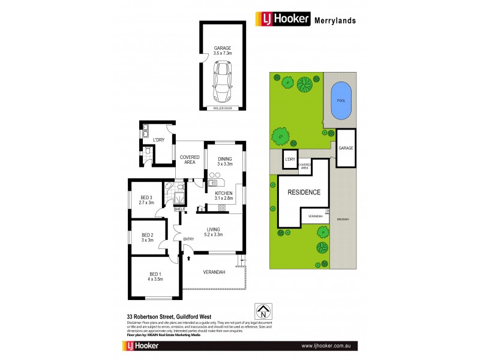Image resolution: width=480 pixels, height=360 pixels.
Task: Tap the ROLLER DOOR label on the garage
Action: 223,108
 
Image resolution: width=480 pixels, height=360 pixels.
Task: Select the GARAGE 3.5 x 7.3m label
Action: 223,50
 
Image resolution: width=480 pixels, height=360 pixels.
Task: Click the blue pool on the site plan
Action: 342,101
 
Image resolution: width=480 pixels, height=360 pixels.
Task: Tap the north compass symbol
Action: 261,311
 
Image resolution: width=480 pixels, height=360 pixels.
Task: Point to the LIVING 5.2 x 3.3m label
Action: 213,232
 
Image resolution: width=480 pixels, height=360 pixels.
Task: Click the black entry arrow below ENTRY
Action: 190,258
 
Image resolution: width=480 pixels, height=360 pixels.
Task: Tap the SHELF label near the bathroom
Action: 179,209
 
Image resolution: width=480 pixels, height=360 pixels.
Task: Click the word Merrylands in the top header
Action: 335,20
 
